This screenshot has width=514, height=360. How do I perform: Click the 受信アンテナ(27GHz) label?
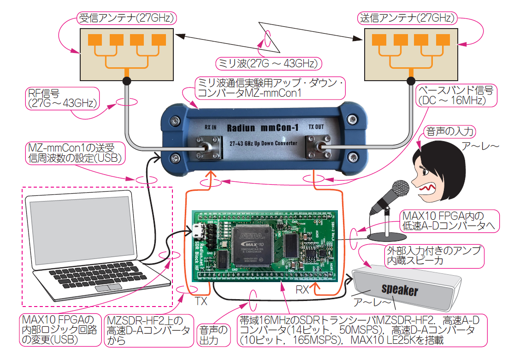click(126, 18)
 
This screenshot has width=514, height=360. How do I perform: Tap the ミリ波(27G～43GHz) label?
click(269, 63)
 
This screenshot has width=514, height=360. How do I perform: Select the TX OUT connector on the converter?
click(318, 148)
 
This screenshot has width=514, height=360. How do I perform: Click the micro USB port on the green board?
click(198, 230)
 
